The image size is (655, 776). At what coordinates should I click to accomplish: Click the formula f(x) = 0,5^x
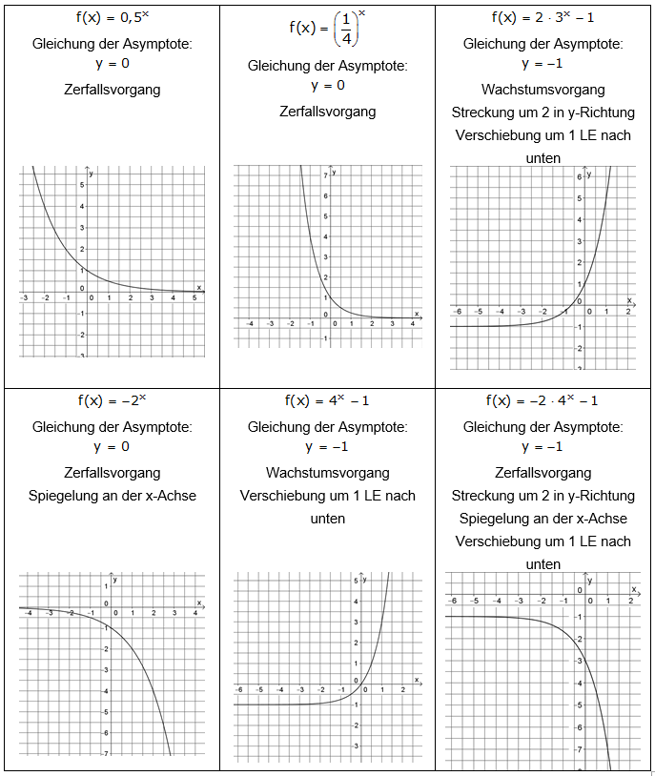point(111,17)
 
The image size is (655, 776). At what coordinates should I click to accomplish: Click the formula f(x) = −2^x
point(112,400)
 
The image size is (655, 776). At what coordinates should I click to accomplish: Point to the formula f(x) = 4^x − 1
point(327,400)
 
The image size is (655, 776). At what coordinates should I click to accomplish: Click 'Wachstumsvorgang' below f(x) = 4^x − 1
point(327,472)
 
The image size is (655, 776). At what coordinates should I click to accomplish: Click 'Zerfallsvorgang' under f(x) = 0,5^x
point(112,90)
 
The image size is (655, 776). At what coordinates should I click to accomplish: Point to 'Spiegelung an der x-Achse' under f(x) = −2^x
point(112,496)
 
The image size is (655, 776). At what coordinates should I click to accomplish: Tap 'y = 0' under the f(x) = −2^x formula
point(112,446)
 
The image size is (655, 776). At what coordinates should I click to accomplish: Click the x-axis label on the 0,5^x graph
point(199,287)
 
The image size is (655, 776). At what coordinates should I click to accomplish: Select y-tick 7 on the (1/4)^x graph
point(326,176)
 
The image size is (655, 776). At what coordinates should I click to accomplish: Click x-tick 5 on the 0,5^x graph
point(194,298)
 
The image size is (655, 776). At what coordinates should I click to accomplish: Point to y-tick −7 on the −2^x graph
point(106,753)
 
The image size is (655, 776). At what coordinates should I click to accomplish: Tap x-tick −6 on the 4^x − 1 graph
point(238,689)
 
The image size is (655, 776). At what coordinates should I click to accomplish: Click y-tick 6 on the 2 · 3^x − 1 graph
point(579,178)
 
